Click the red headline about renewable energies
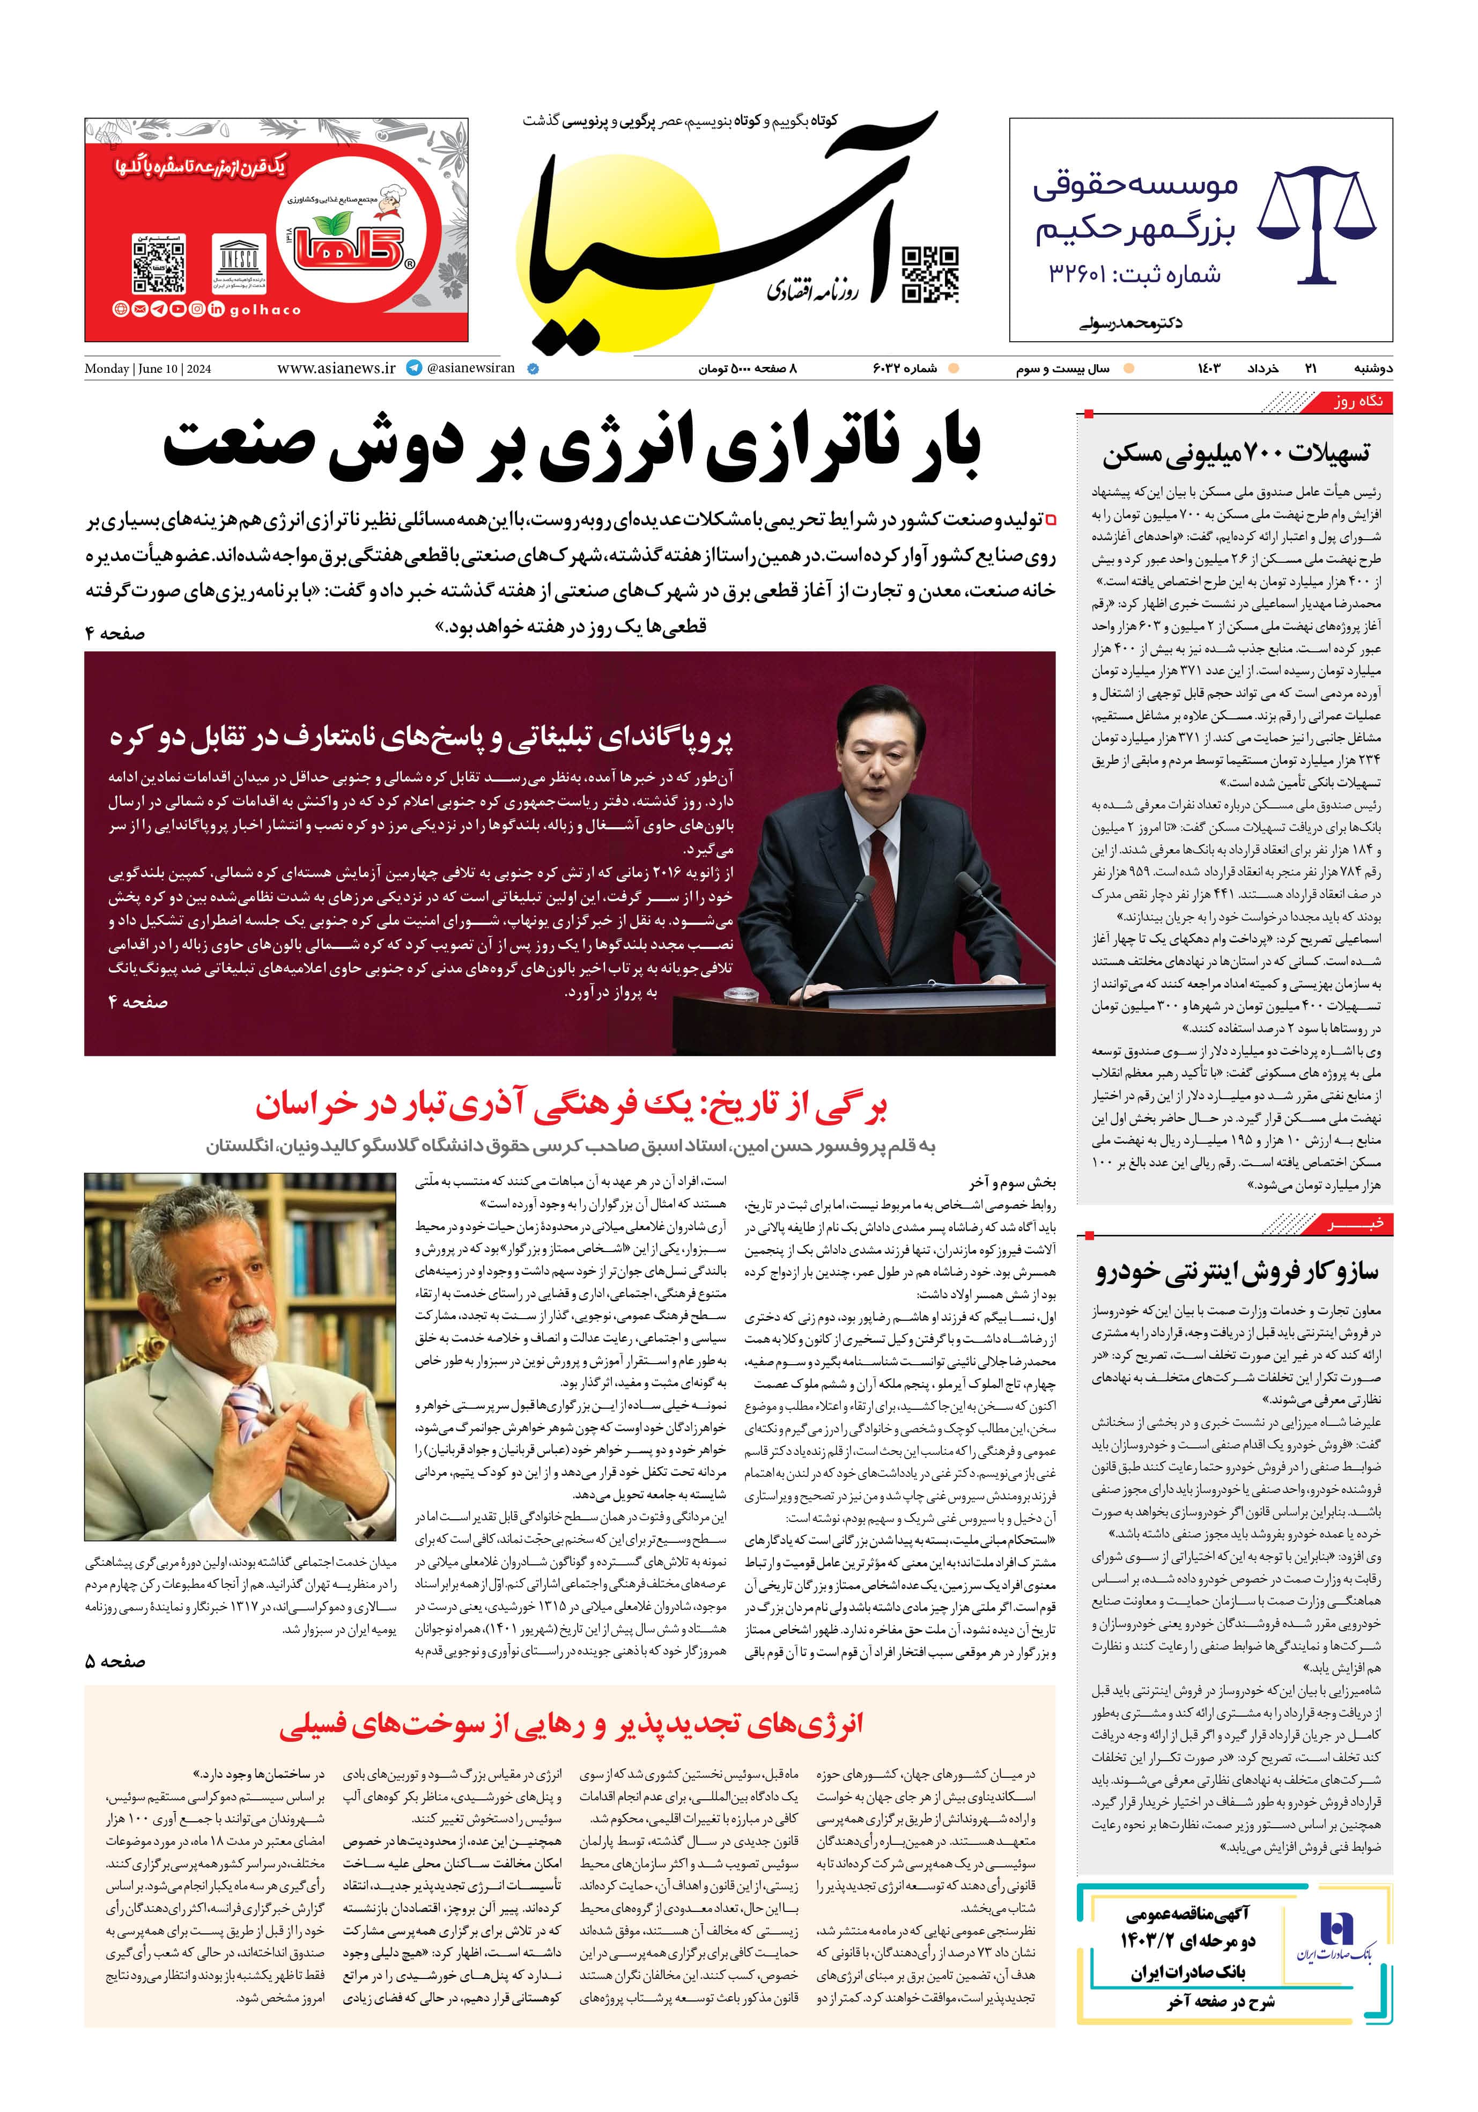(570, 1723)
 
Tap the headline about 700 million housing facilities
(1235, 453)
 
